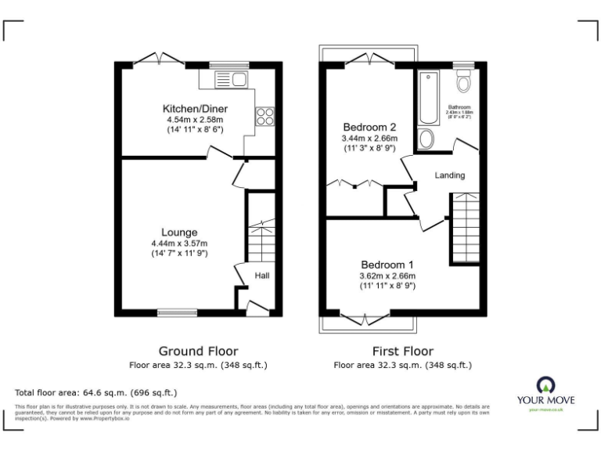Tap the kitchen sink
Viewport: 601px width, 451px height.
(x=232, y=79)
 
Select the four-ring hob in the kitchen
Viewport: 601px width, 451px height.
(x=265, y=116)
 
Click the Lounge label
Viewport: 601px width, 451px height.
(x=179, y=233)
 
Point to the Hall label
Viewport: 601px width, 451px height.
(x=262, y=276)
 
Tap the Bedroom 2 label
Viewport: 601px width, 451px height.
(x=369, y=127)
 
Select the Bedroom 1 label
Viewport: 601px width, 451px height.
(x=387, y=264)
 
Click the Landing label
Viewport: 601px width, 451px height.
(x=450, y=175)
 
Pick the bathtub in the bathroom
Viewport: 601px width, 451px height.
(x=428, y=98)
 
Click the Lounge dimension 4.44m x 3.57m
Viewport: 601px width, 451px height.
(x=179, y=244)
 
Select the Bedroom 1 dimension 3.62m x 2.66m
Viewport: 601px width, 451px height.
(x=387, y=276)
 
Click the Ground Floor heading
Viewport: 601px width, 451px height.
(x=198, y=351)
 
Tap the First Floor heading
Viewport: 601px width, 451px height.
(x=402, y=351)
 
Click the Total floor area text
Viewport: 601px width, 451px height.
(x=96, y=392)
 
